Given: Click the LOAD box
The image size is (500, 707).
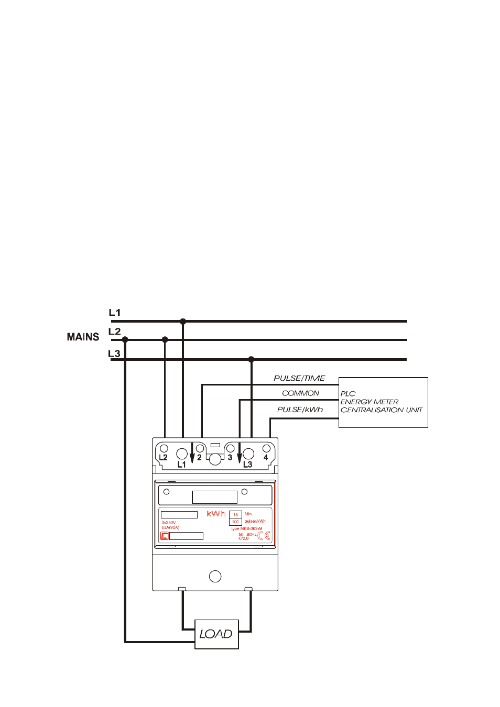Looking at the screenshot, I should coord(216,634).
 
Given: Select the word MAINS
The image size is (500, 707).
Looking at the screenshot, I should coord(83,337).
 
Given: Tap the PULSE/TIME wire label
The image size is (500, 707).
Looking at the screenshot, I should coord(299,378).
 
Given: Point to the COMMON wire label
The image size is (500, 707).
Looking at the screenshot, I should coord(300,393).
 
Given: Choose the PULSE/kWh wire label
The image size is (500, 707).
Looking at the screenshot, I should coord(300,410).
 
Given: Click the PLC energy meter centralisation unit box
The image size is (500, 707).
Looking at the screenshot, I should coord(383,402).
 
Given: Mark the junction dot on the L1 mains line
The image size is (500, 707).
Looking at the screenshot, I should coord(183,321).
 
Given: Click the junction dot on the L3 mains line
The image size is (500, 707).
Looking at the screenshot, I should coord(252,359).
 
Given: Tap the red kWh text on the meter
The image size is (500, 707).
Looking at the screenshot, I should coord(216,514).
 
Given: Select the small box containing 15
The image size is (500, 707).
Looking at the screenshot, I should coord(235,515).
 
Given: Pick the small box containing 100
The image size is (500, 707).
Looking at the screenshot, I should coord(235,522).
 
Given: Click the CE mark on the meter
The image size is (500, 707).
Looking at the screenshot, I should coord(264,536).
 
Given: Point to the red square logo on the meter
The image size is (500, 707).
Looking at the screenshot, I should coord(165,536).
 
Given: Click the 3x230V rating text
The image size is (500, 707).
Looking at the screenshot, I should coord(169,523).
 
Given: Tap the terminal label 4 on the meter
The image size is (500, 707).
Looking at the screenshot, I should coord(266,457).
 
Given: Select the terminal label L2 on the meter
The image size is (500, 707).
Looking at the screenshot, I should coord(163,457).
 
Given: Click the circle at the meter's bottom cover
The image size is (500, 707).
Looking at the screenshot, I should coord(215,577).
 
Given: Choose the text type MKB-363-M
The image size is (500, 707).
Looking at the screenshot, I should coord(247,529).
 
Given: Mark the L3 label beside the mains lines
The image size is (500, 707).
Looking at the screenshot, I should coord(114,353).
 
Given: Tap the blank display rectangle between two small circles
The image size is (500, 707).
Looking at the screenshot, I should coord(214,497).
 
